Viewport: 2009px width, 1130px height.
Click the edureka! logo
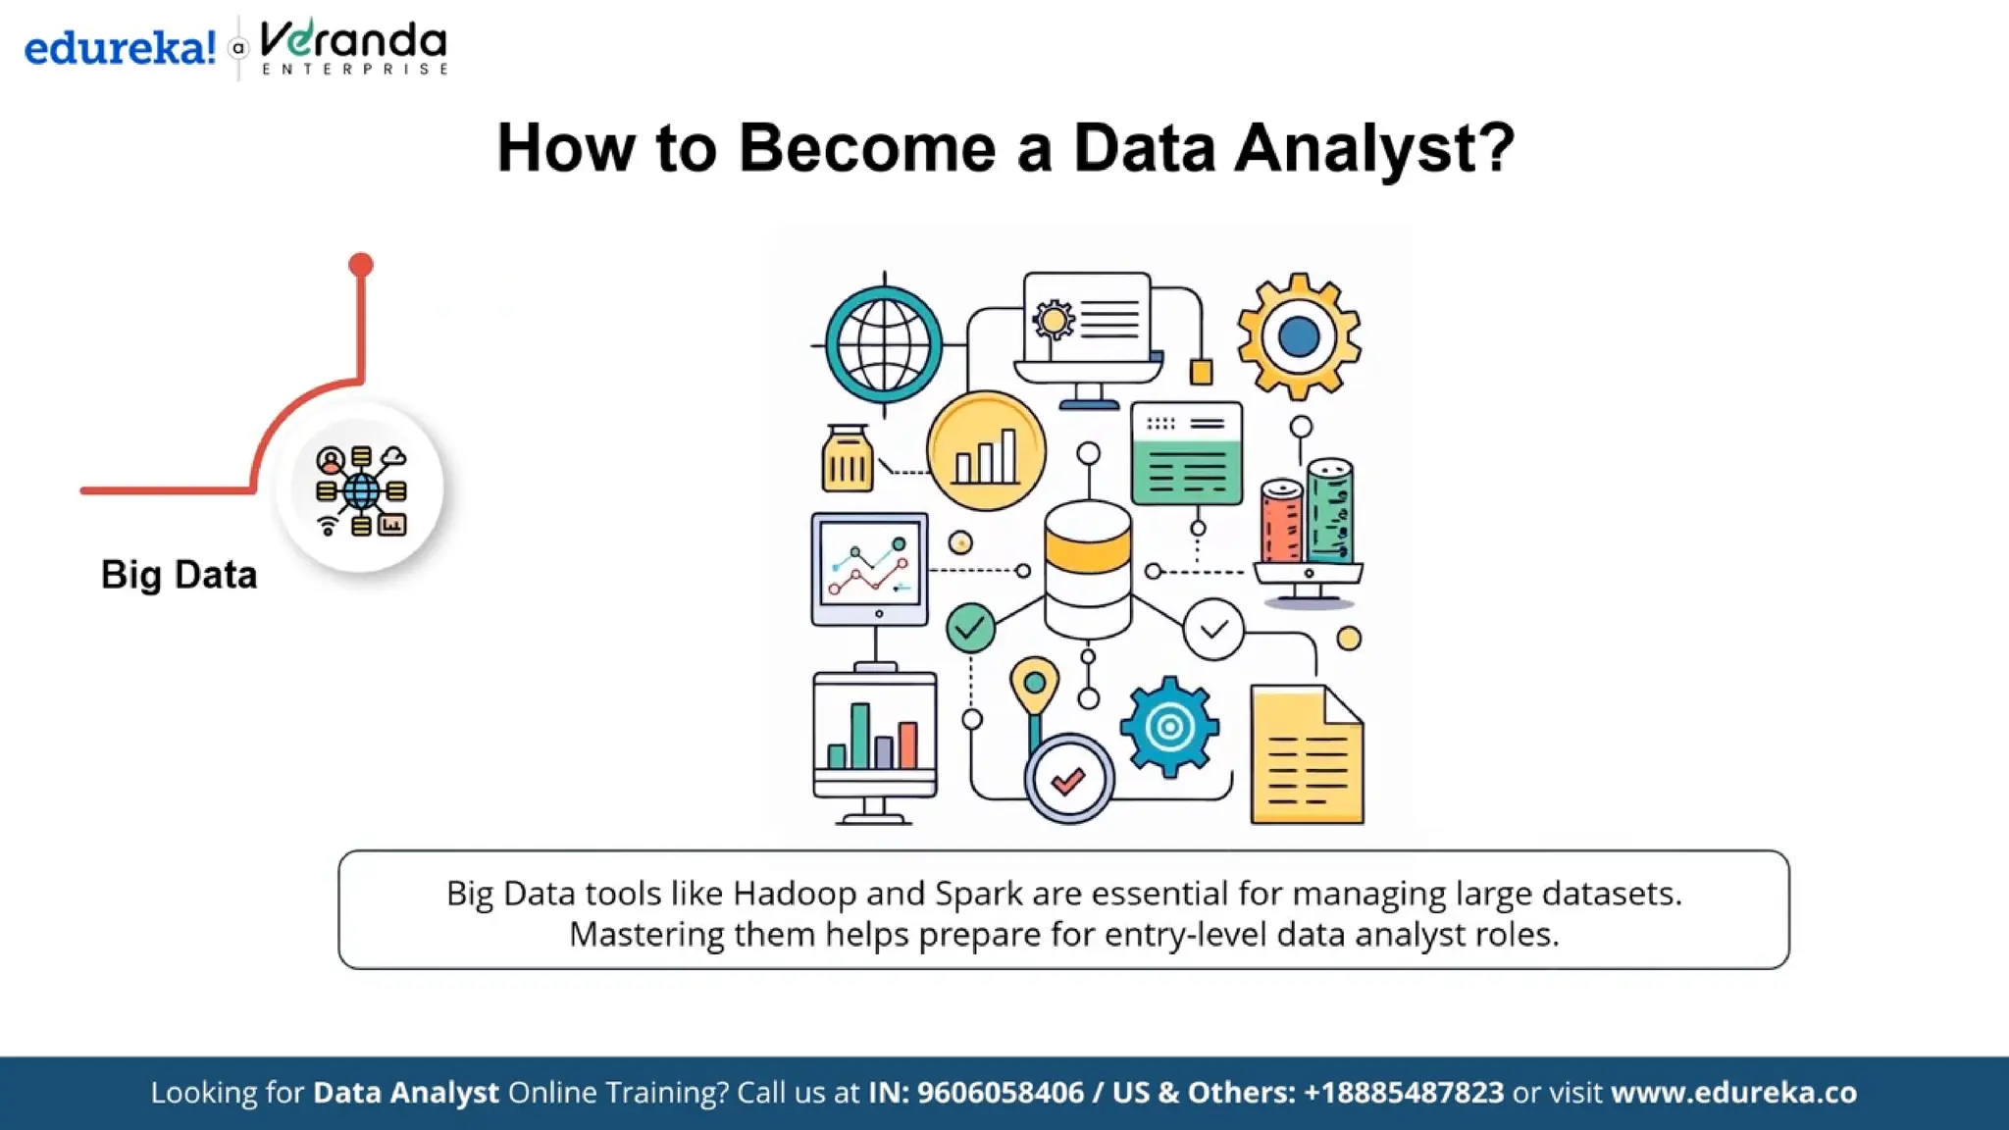click(x=119, y=47)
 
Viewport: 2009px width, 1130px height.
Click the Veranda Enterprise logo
click(x=353, y=47)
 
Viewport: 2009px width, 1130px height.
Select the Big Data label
click(x=179, y=575)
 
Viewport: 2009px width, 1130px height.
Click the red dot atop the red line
click(x=361, y=265)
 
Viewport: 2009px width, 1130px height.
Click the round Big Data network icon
click(x=361, y=489)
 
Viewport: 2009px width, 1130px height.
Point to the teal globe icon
click(x=884, y=344)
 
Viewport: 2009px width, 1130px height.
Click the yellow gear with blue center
click(x=1299, y=336)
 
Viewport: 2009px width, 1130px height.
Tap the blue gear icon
click(x=1169, y=727)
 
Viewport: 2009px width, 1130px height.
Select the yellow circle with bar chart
click(x=986, y=452)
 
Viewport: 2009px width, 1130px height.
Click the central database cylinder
click(x=1088, y=569)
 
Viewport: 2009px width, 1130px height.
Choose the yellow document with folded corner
click(x=1307, y=755)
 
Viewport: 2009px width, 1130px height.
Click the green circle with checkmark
click(x=970, y=628)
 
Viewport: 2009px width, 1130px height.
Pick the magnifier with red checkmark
click(x=1069, y=780)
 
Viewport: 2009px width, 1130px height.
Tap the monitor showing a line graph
click(x=870, y=569)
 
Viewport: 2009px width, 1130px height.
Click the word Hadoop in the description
click(x=795, y=894)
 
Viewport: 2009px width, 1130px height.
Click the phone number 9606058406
click(x=1000, y=1093)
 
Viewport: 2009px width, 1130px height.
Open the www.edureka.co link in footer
click(x=1733, y=1093)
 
